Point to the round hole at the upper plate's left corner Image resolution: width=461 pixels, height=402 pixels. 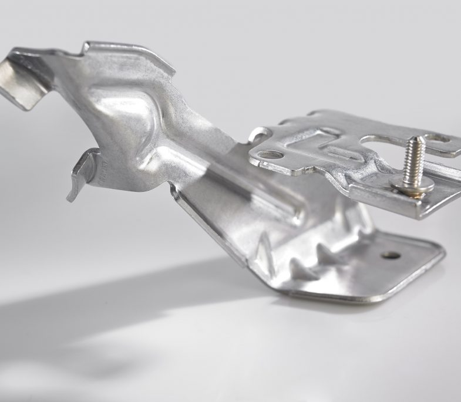pos(271,155)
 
